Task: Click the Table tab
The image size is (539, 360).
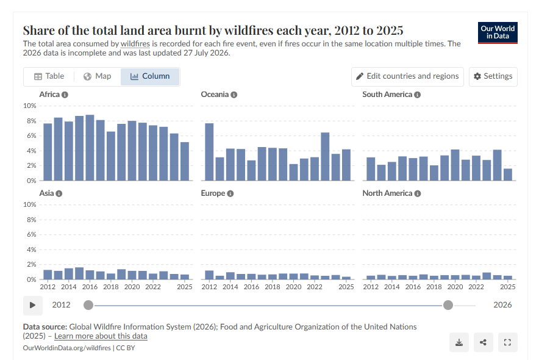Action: (49, 76)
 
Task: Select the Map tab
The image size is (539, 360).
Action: (98, 76)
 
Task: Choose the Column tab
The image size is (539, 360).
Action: (150, 76)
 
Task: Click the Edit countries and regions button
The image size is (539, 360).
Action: (407, 76)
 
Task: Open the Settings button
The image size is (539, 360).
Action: (493, 76)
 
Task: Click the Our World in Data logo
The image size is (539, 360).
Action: (498, 33)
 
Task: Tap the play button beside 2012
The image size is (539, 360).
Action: (33, 305)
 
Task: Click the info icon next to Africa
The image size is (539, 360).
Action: (65, 95)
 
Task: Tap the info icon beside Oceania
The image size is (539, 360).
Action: (234, 95)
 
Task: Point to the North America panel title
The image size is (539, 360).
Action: (387, 193)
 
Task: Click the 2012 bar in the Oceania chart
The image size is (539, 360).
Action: (209, 152)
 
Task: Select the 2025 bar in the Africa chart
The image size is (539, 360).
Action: (185, 161)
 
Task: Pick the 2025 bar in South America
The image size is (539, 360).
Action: (508, 175)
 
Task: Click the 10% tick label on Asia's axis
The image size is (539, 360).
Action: (29, 204)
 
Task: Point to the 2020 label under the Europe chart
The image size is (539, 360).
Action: (293, 287)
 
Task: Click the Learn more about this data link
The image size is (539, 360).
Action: (101, 336)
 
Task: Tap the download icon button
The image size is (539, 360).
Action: (459, 342)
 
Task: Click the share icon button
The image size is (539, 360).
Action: (483, 342)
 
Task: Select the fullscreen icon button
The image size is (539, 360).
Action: (507, 342)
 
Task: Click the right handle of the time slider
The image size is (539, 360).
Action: (448, 305)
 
